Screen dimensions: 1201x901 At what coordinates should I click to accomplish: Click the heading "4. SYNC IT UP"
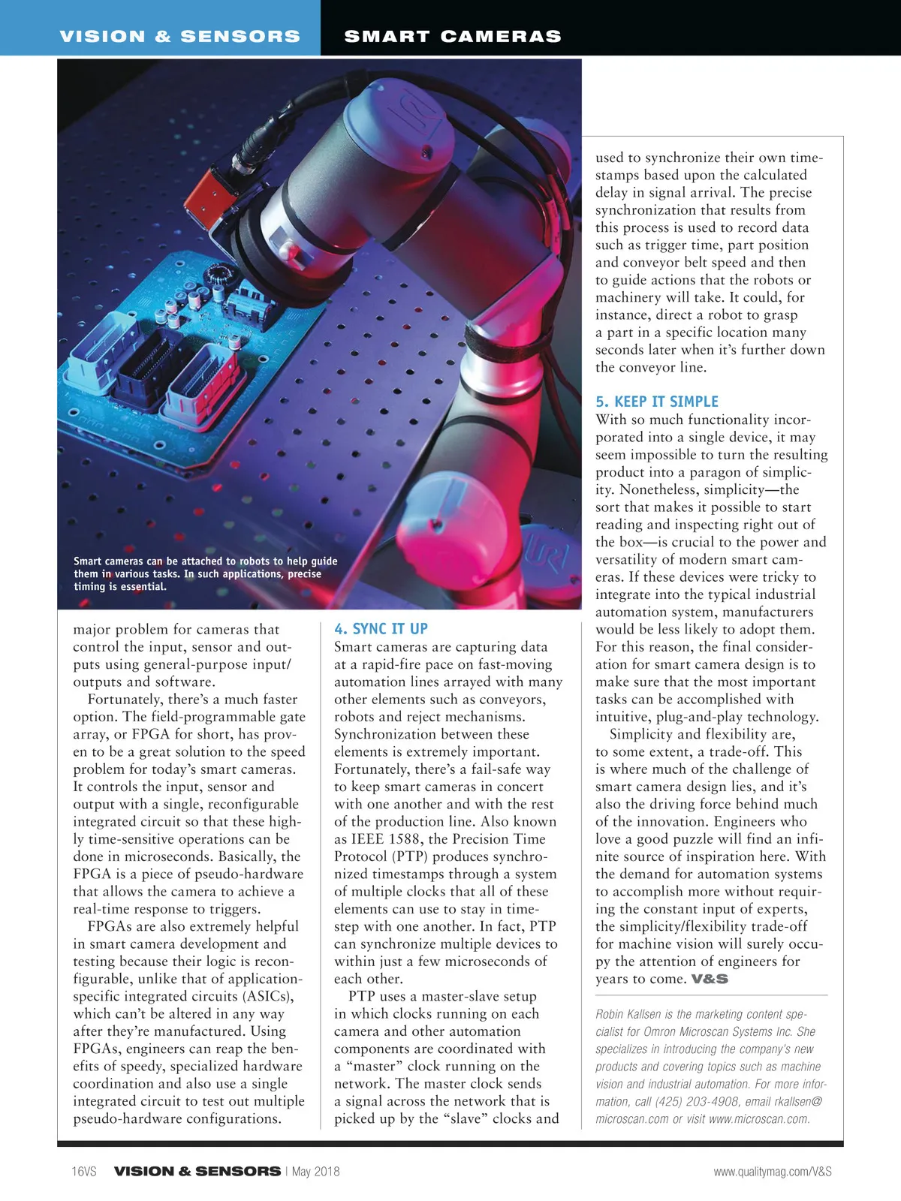pos(381,629)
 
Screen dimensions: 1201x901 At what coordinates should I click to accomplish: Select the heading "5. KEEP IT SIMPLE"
pos(657,402)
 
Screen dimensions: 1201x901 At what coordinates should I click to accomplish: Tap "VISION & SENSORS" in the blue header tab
pos(180,36)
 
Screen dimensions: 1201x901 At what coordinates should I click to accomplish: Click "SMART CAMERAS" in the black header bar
pos(453,36)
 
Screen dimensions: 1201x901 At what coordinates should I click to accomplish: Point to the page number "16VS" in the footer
pos(84,1171)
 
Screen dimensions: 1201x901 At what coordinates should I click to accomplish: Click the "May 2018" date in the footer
pos(315,1171)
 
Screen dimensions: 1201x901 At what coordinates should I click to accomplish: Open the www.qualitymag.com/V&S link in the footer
pos(773,1171)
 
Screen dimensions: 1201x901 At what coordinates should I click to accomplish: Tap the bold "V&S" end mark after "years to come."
pos(710,979)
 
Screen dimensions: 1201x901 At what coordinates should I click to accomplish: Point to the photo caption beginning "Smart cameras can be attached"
pos(205,573)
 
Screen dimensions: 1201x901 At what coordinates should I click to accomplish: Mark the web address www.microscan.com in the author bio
pos(758,1118)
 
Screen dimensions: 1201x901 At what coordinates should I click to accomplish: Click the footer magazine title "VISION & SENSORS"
pos(197,1171)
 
